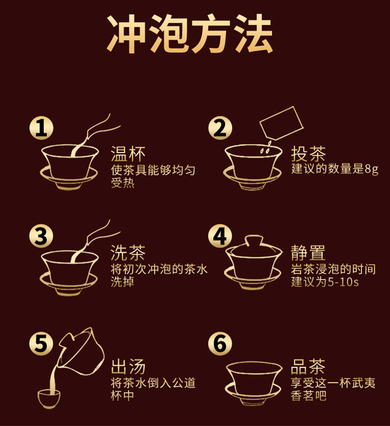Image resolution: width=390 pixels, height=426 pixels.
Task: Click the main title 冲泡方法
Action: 190,34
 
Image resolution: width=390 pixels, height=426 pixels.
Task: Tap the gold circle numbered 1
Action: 41,128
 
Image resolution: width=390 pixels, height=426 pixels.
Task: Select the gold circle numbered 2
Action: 220,128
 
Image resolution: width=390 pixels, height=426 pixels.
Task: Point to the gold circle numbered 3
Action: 41,236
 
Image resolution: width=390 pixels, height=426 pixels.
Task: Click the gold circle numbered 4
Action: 220,236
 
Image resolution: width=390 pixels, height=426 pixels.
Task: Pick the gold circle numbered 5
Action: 41,344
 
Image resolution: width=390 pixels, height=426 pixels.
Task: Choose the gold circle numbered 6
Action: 220,344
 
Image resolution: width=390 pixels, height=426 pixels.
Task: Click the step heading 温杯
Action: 128,154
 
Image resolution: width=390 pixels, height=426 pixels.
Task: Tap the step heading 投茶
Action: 308,154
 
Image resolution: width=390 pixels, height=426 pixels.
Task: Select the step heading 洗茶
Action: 128,253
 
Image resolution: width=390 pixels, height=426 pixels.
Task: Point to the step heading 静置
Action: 308,253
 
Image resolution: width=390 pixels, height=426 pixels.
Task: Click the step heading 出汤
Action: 128,366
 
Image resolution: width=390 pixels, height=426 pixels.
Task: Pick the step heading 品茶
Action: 308,366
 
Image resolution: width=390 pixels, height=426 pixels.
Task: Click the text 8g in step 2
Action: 372,169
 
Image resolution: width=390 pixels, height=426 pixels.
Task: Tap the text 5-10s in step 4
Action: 343,282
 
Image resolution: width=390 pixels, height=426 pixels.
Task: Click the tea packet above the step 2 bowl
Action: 281,123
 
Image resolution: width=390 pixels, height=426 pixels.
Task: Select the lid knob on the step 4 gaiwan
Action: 254,240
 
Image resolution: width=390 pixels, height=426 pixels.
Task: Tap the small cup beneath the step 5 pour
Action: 49,399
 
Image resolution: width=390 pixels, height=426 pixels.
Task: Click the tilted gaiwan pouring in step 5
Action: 81,351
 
